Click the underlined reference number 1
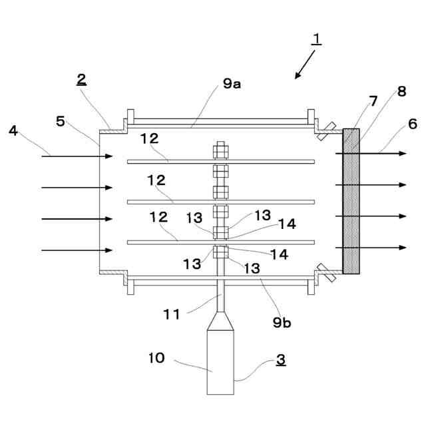pyautogui.click(x=317, y=39)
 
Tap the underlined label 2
pyautogui.click(x=81, y=80)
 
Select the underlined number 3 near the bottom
pyautogui.click(x=281, y=359)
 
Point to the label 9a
pyautogui.click(x=232, y=84)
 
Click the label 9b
pyautogui.click(x=282, y=322)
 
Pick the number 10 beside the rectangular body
pyautogui.click(x=157, y=358)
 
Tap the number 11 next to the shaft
pyautogui.click(x=172, y=314)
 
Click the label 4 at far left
pyautogui.click(x=13, y=130)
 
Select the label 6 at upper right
pyautogui.click(x=413, y=124)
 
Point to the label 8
pyautogui.click(x=402, y=91)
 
